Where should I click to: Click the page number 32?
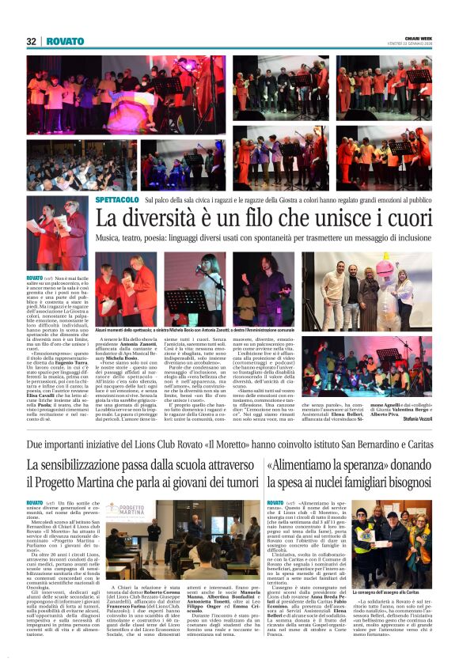click(x=31, y=41)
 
